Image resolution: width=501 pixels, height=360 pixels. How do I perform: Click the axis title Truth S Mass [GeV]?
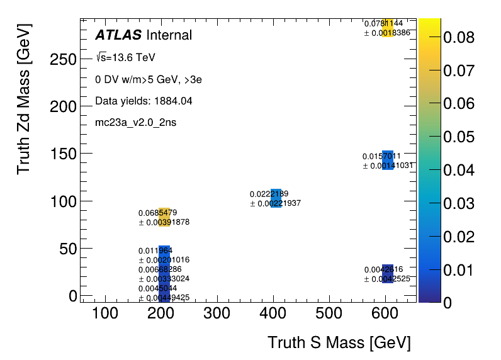339,343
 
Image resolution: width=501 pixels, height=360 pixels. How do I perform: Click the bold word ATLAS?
118,35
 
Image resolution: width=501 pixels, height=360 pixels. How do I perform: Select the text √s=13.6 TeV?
125,58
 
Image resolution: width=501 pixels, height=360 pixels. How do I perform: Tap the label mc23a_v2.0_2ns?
135,122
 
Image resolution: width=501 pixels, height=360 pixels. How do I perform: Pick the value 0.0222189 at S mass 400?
269,194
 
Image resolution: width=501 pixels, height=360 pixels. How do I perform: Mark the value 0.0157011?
381,156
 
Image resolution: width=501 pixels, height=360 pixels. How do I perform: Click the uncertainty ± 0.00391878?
164,222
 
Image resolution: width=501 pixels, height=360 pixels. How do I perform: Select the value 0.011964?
155,250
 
